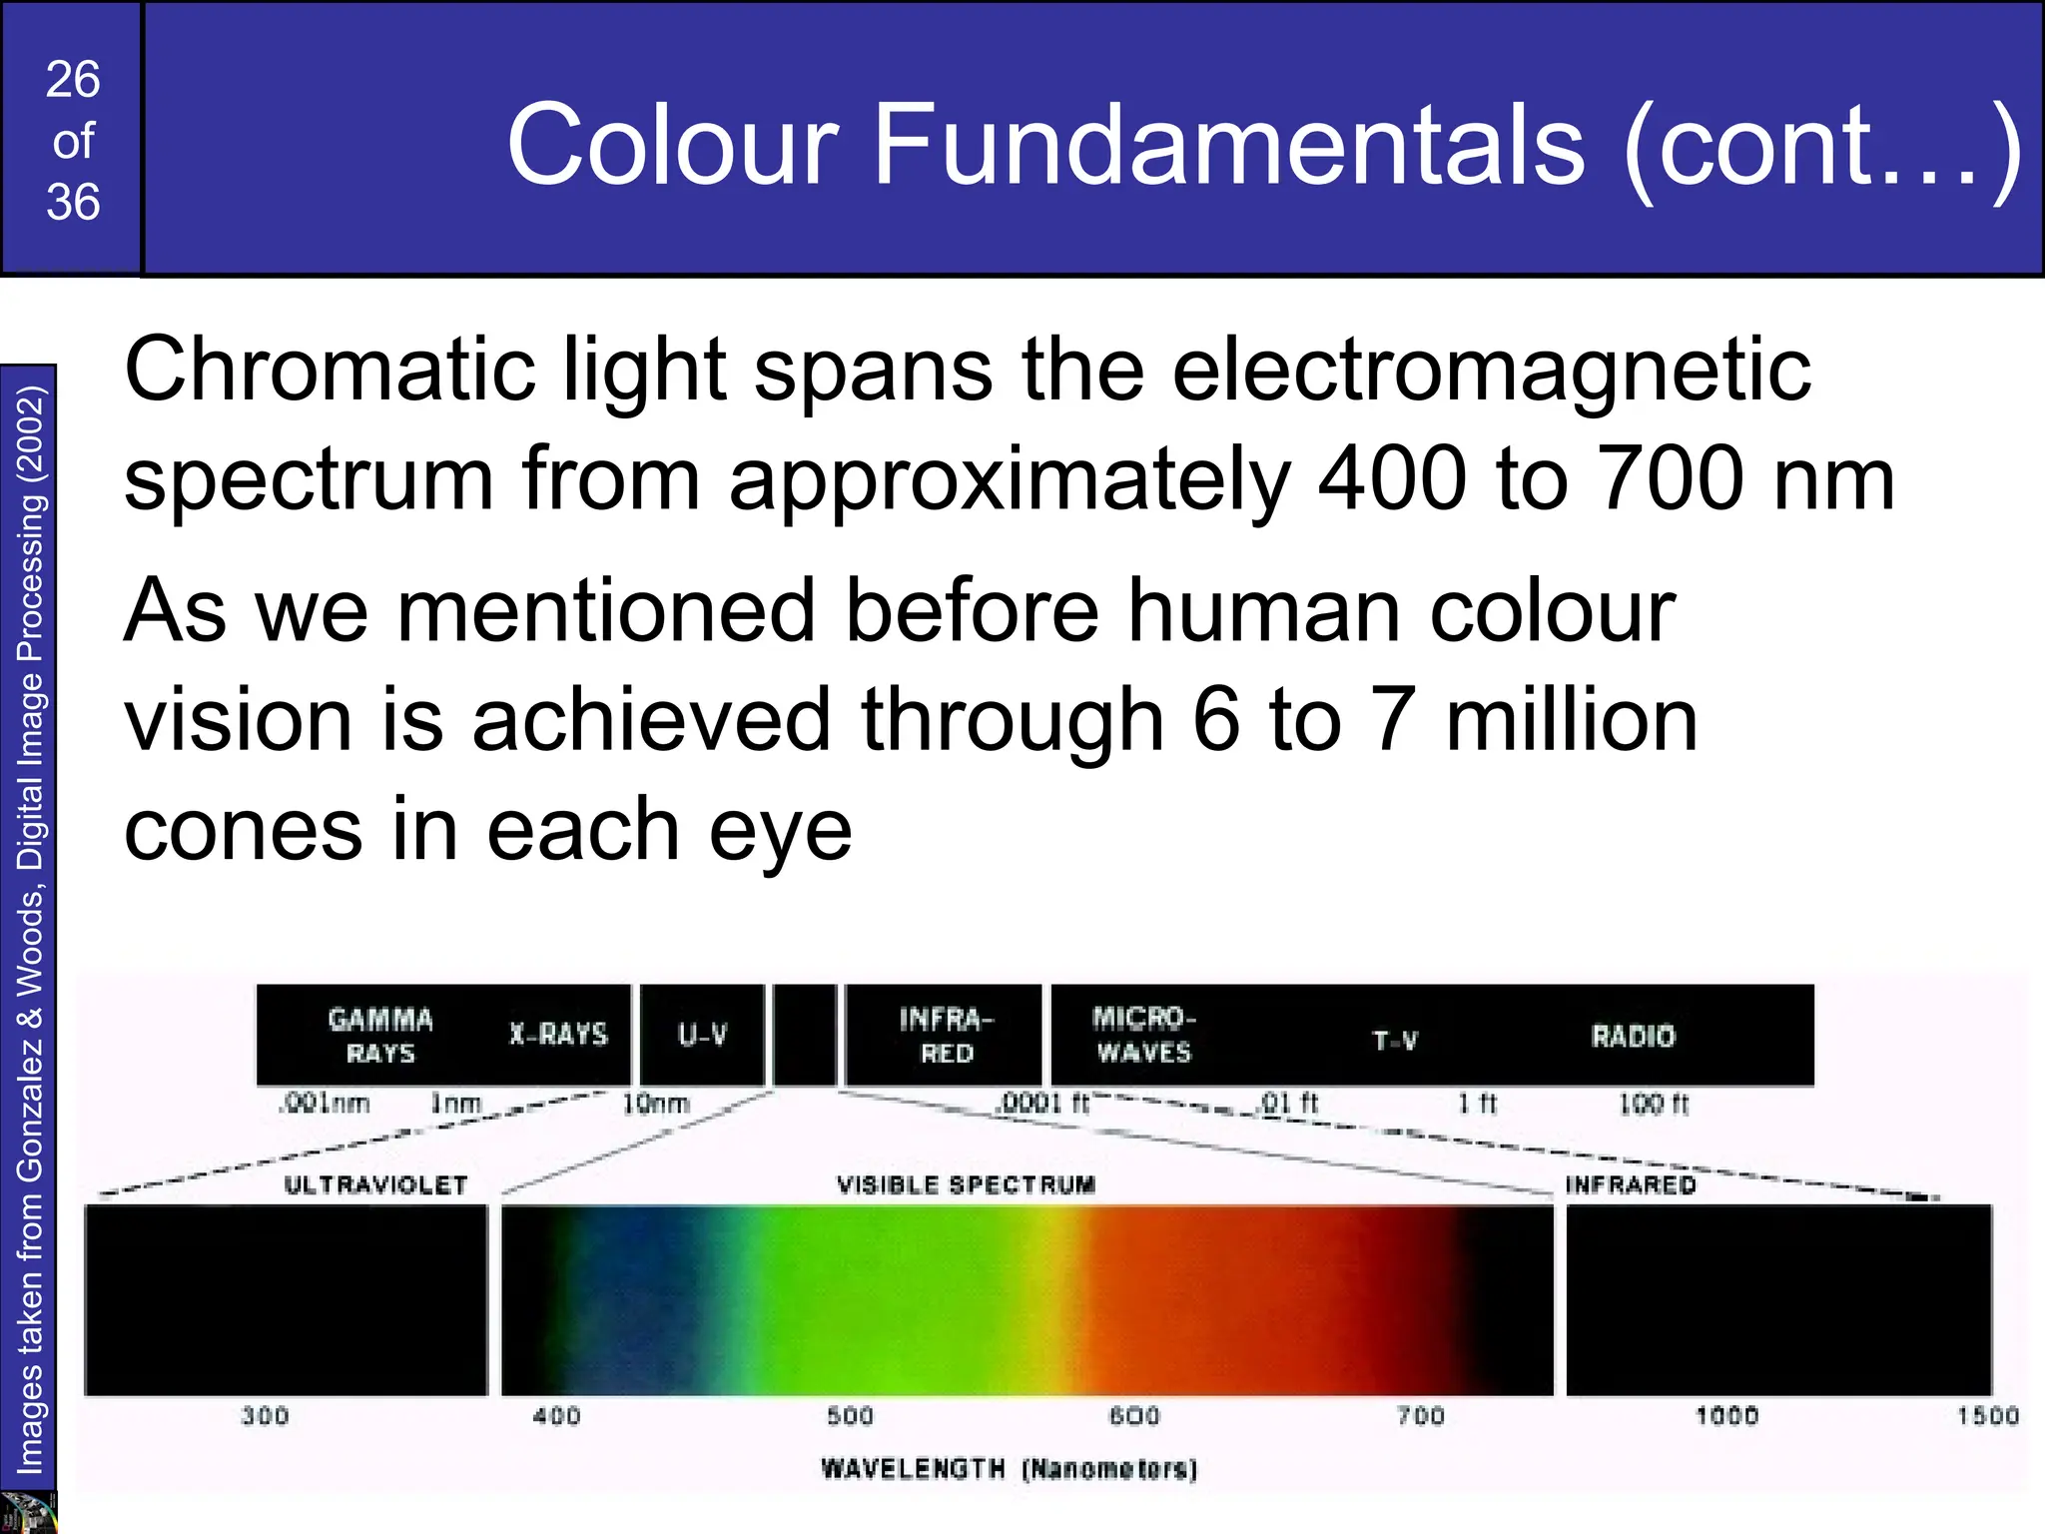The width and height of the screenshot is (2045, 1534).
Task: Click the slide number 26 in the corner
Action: [73, 80]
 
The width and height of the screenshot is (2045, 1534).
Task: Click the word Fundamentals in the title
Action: [1228, 146]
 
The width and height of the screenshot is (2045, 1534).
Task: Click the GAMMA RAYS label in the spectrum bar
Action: [380, 1036]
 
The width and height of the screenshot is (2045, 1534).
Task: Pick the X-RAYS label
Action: [558, 1034]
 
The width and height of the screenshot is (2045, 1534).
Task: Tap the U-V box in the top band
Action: [702, 1035]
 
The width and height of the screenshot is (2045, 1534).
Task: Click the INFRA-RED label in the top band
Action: [946, 1036]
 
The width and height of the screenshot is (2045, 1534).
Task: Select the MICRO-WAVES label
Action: [1143, 1035]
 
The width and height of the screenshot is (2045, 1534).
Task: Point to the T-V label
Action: [1395, 1041]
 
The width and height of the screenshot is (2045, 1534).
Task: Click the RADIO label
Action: [1633, 1036]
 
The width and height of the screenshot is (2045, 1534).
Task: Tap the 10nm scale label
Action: [656, 1104]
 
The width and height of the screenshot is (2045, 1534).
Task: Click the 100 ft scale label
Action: [1654, 1104]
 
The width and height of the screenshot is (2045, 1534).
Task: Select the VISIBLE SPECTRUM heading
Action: [966, 1185]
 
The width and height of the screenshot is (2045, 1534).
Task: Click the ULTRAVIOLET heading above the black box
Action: [375, 1185]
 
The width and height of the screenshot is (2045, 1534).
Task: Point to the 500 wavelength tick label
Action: [850, 1416]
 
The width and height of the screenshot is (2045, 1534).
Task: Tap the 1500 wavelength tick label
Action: [1987, 1416]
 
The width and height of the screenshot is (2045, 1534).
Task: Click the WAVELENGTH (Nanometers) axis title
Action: [1009, 1469]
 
